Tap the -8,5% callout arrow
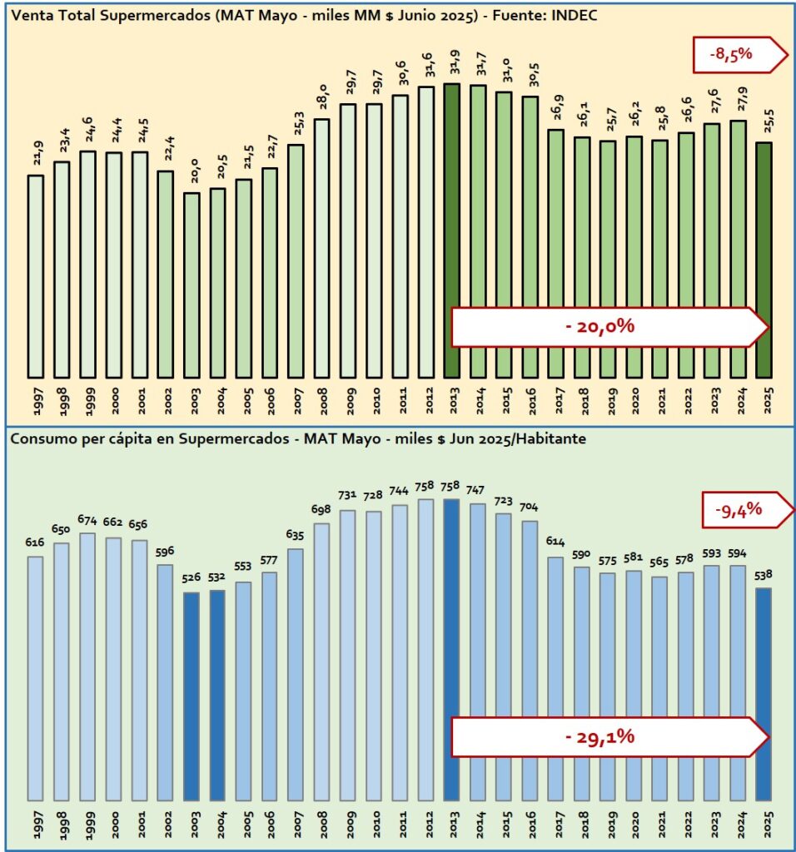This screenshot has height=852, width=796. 738,55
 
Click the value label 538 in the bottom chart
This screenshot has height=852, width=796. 764,575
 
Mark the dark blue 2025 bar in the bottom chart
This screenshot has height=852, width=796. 764,694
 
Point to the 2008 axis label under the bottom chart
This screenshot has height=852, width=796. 322,827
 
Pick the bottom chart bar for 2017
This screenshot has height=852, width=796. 556,678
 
